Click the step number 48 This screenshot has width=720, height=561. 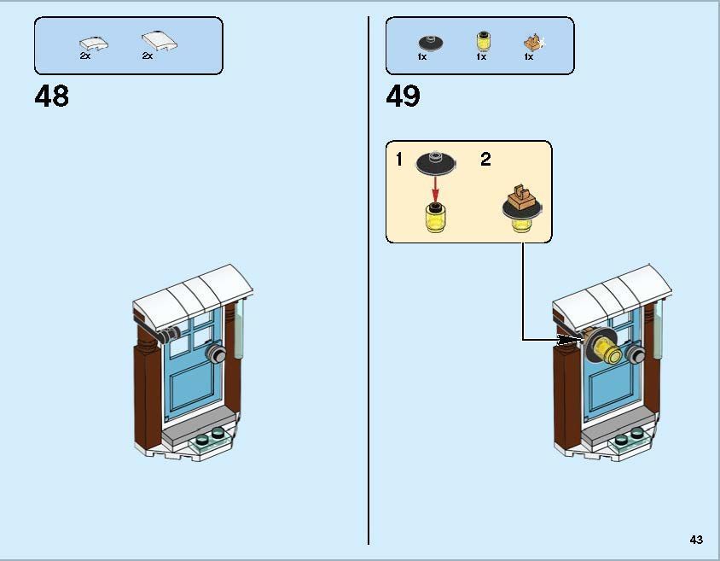[52, 96]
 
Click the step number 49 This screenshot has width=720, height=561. [403, 96]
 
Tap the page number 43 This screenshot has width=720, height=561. [696, 539]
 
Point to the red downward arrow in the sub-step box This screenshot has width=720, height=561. [436, 186]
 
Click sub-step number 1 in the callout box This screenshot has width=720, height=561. [399, 160]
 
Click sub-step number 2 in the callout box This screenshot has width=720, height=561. [485, 160]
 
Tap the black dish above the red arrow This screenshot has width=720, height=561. [436, 161]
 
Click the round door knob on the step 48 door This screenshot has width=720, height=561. [214, 354]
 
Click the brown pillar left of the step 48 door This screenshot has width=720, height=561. [148, 393]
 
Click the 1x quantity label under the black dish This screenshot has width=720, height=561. [423, 57]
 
